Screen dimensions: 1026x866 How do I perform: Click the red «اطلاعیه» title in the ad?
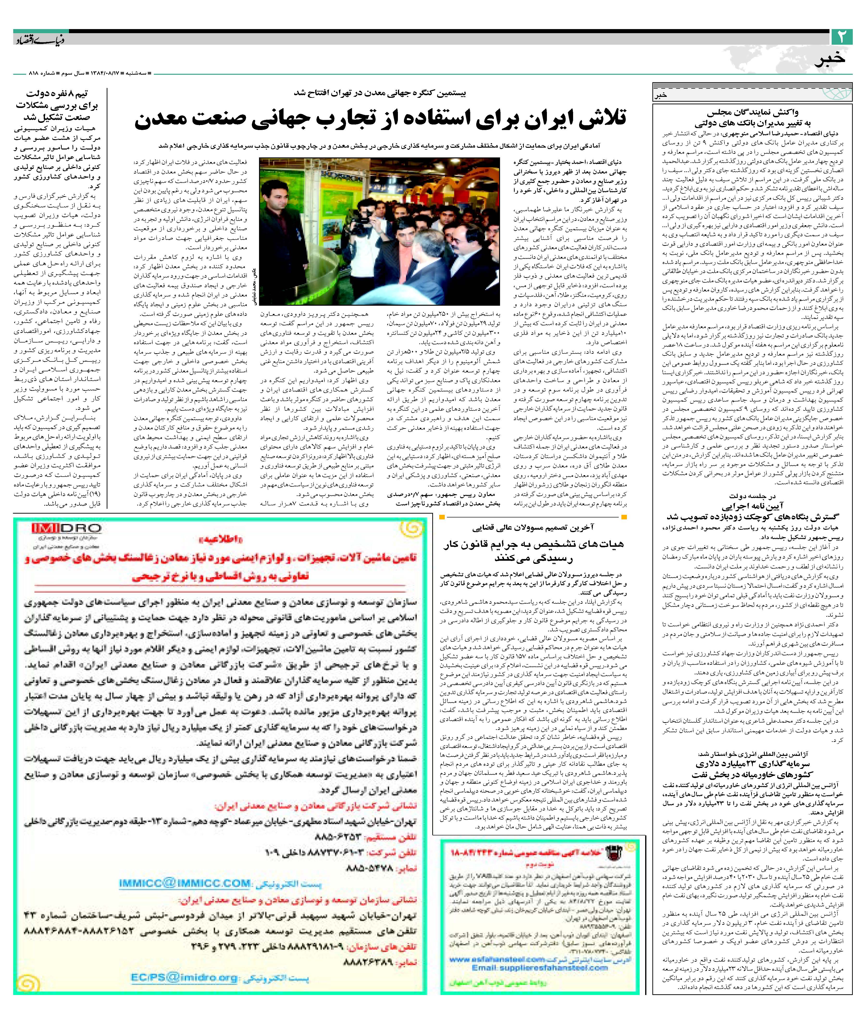(221, 540)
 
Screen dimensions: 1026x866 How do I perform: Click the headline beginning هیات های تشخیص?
(534, 544)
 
